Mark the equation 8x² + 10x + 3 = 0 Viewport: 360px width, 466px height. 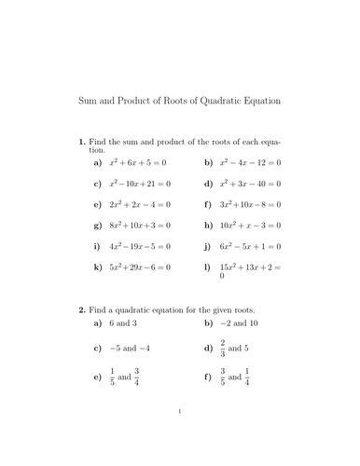point(140,226)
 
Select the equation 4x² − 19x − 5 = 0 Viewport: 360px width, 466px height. point(140,247)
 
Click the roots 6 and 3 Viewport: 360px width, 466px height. point(123,322)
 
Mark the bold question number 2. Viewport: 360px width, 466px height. point(82,308)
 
